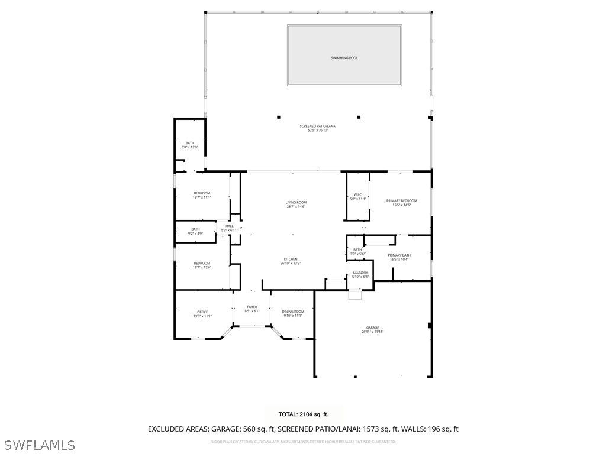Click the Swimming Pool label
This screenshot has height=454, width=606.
pyautogui.click(x=344, y=58)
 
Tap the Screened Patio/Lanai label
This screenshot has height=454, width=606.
pyautogui.click(x=314, y=127)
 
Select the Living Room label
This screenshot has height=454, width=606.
pyautogui.click(x=296, y=203)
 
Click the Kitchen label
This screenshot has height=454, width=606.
pyautogui.click(x=290, y=260)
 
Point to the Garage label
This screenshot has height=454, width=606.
pyautogui.click(x=372, y=328)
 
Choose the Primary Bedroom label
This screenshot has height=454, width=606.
pyautogui.click(x=402, y=201)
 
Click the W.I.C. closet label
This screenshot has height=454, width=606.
pyautogui.click(x=357, y=195)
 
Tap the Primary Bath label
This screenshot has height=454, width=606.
pyautogui.click(x=399, y=255)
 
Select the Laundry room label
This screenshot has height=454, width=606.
pyautogui.click(x=360, y=273)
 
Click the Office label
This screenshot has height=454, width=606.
pyautogui.click(x=202, y=312)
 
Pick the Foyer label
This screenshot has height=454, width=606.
pyautogui.click(x=252, y=307)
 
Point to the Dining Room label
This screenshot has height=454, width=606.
pyautogui.click(x=293, y=312)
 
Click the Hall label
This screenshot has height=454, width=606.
pyautogui.click(x=229, y=226)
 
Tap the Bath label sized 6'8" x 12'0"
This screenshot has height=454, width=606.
pyautogui.click(x=189, y=143)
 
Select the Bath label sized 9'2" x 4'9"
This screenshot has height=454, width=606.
pyautogui.click(x=195, y=229)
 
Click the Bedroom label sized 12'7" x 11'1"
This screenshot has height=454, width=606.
pyautogui.click(x=202, y=193)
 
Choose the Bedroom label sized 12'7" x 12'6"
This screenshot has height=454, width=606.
pyautogui.click(x=202, y=264)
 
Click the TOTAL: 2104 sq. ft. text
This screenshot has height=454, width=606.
pyautogui.click(x=303, y=414)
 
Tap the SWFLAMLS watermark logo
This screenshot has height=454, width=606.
pyautogui.click(x=39, y=445)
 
